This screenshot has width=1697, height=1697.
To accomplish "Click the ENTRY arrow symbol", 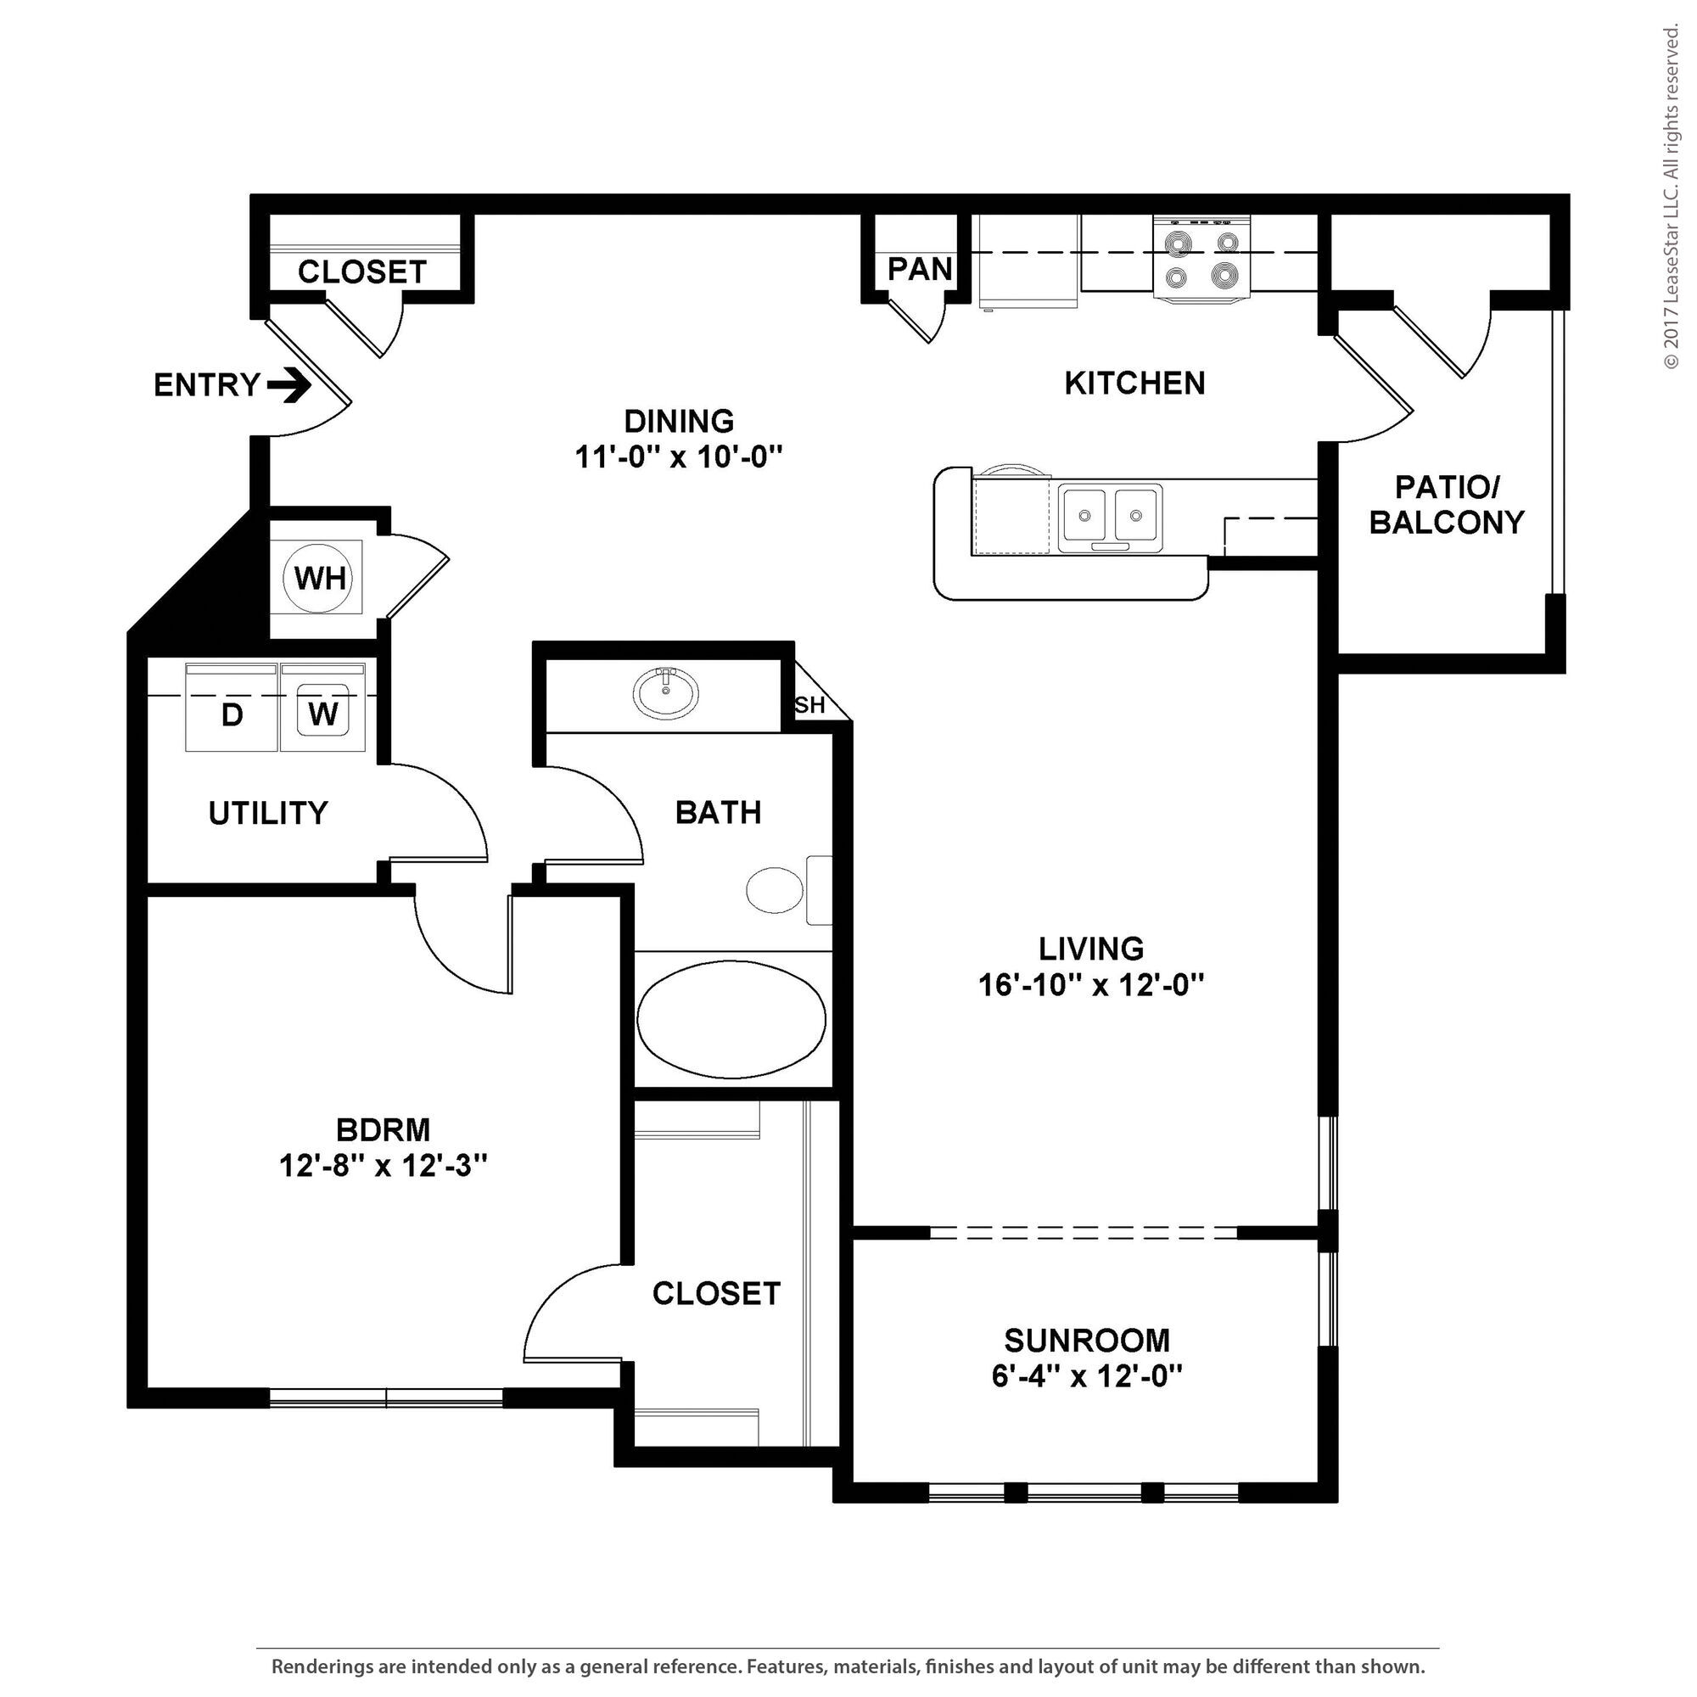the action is coord(289,384).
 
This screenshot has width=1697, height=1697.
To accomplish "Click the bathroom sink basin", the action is coord(667,693).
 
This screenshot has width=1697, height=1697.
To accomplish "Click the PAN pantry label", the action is coord(920,269).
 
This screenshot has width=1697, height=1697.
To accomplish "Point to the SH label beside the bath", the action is coord(809,704).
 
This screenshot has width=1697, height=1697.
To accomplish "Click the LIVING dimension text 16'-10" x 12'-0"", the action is coord(1091,985).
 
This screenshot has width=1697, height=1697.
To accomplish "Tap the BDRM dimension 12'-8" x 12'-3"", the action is coord(384,1166).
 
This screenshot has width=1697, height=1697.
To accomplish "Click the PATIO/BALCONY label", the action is coord(1447,504).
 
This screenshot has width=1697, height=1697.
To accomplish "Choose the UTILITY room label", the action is coord(268,814).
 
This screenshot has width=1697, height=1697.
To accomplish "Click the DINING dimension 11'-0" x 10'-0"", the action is coord(679,456).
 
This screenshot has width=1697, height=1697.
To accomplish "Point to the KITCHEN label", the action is coord(1134,383).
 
